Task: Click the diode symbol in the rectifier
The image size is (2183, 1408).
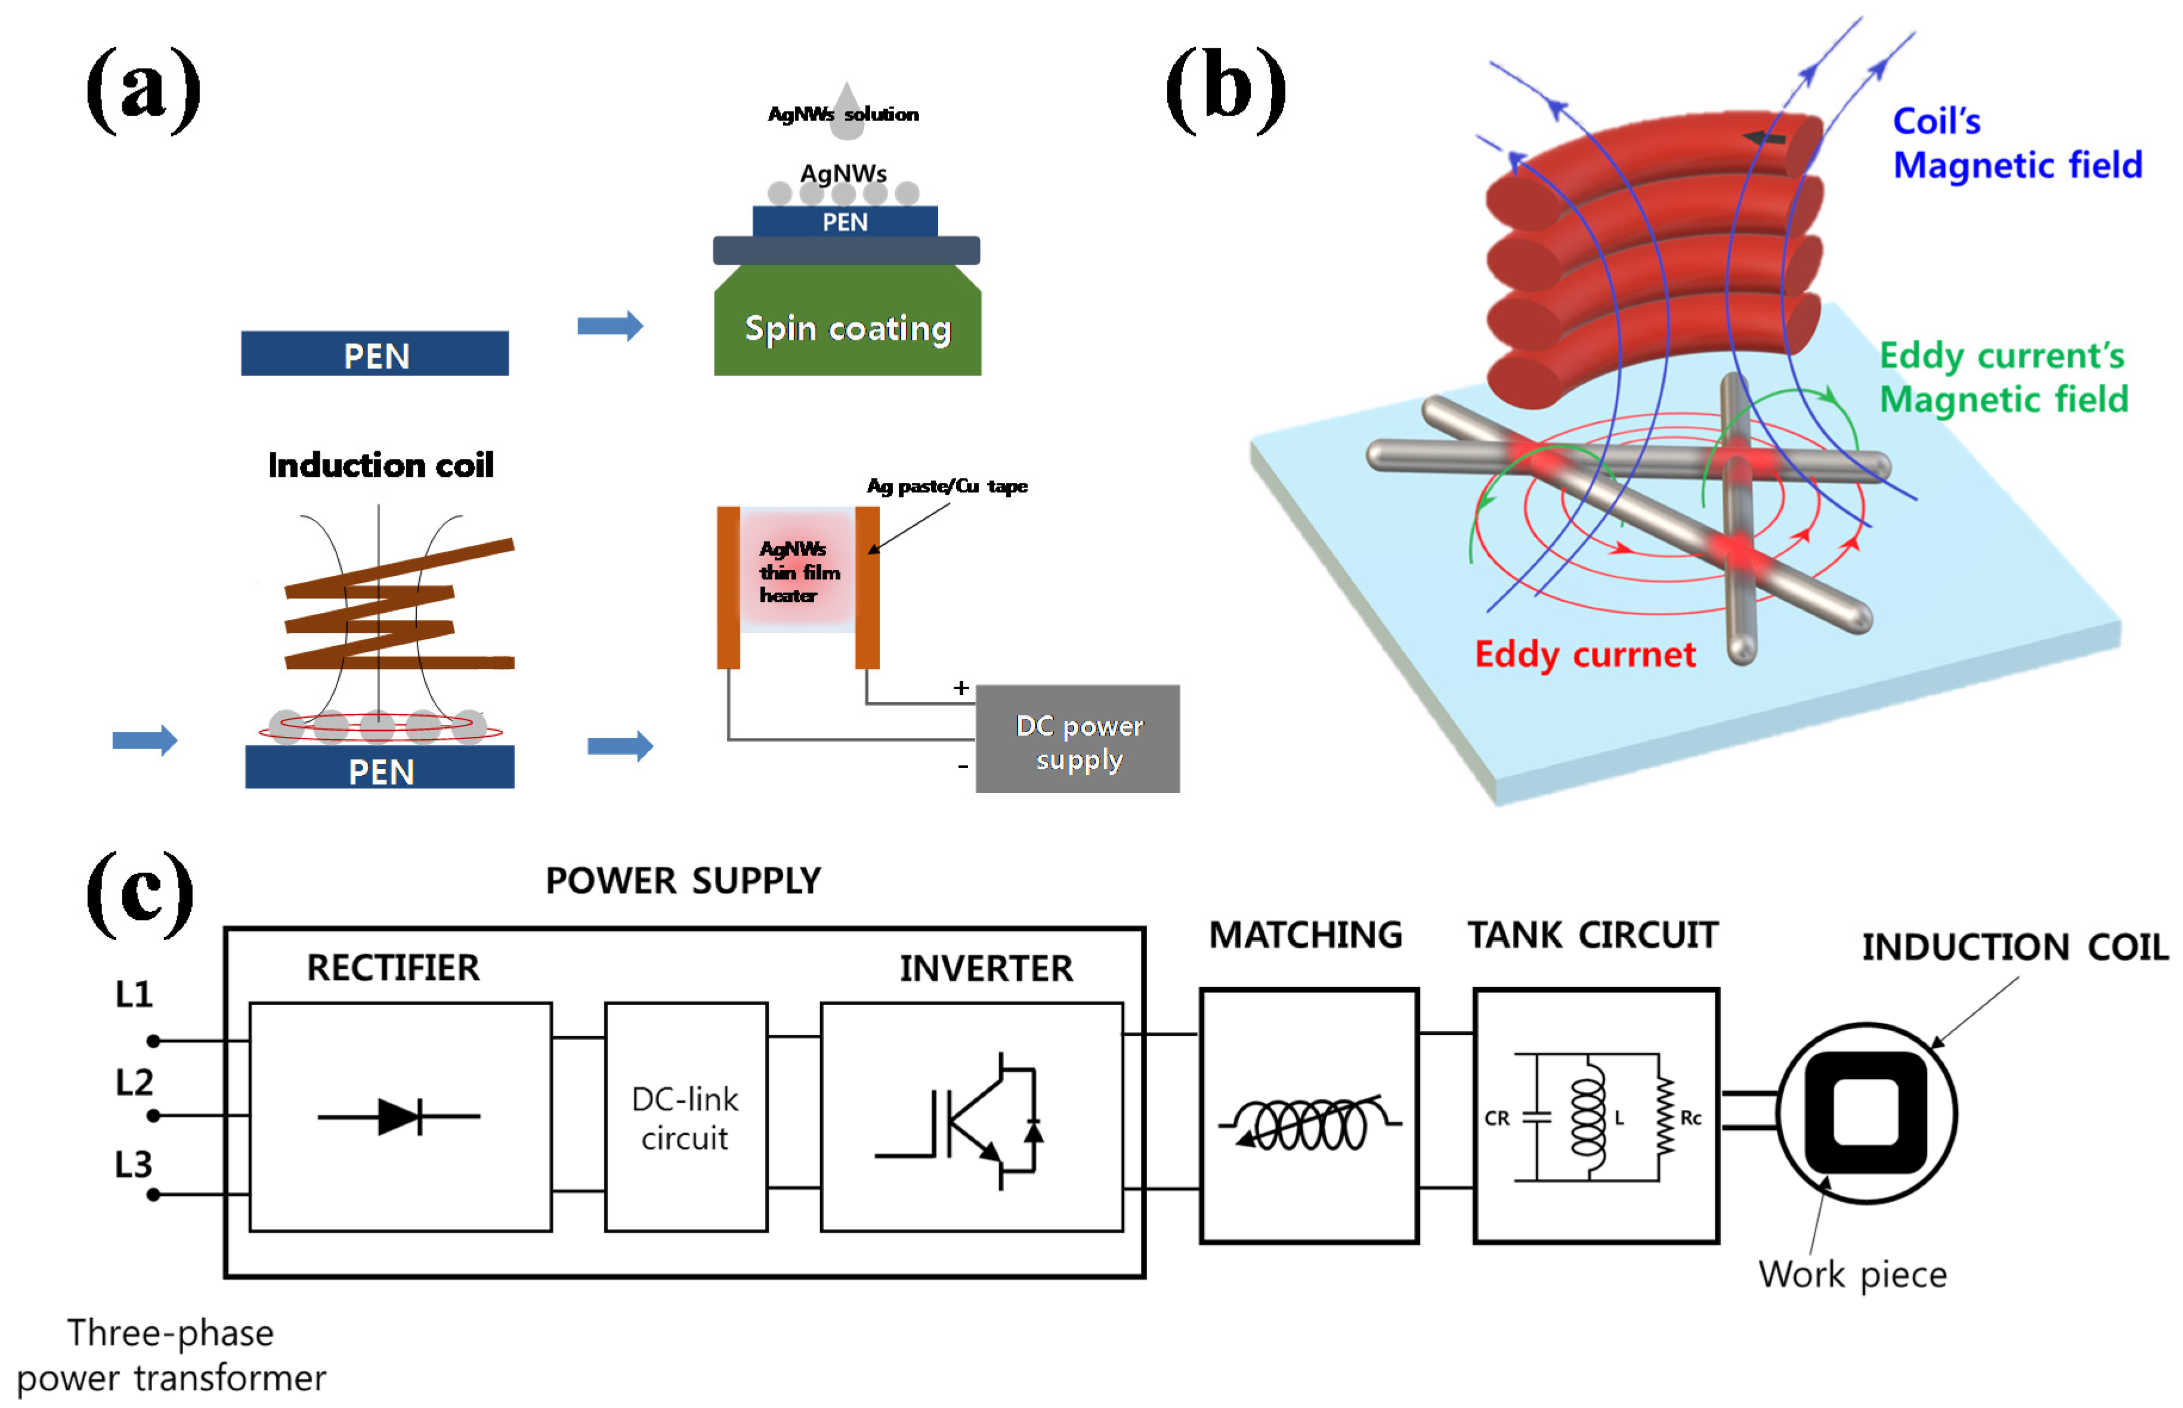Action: tap(400, 1117)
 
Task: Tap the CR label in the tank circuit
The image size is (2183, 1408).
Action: tap(1496, 1118)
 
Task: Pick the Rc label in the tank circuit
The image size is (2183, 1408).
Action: tap(1690, 1117)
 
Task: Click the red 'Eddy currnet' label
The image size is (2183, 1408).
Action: tap(1585, 655)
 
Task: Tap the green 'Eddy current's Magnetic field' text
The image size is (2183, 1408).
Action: tap(2003, 377)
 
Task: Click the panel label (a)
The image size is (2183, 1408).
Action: tap(144, 89)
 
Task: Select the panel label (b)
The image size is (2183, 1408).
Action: tap(1226, 89)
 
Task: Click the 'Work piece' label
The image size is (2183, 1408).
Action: tap(1852, 1274)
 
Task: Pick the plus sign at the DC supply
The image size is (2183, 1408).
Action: tap(960, 687)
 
